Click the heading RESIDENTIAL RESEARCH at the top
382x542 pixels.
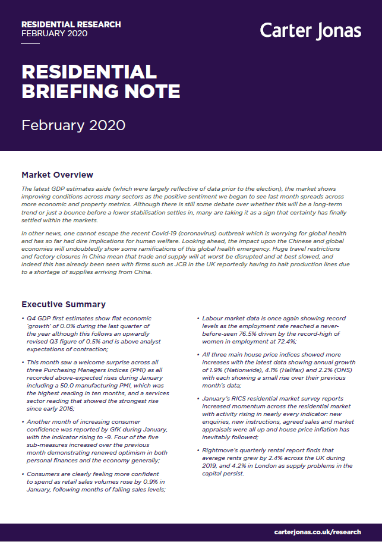click(x=71, y=24)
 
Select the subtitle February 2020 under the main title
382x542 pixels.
click(x=73, y=125)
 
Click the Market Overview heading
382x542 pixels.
click(x=57, y=175)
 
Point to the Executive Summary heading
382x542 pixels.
click(x=64, y=304)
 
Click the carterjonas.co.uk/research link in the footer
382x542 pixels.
click(x=317, y=532)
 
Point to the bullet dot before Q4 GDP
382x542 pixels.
click(x=23, y=319)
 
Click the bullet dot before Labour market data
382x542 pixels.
click(x=198, y=319)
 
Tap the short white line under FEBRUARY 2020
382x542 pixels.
click(x=30, y=43)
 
